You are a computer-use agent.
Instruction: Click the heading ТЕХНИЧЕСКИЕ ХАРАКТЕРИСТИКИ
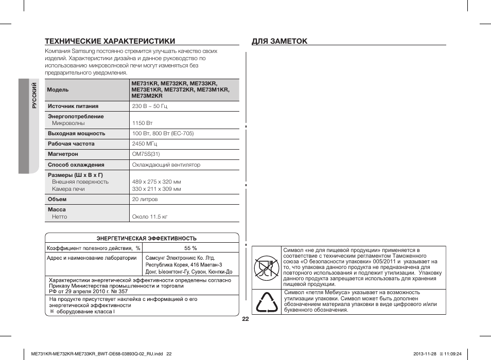[x=110, y=41]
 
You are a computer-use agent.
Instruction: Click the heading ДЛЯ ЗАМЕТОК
[x=279, y=41]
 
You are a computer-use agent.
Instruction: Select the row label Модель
[x=58, y=89]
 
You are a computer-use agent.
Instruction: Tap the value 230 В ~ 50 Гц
[x=150, y=106]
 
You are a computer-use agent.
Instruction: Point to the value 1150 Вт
[x=143, y=123]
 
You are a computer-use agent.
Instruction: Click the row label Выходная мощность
[x=76, y=133]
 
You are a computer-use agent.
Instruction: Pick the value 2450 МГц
[x=145, y=144]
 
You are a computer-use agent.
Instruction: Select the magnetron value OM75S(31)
[x=146, y=154]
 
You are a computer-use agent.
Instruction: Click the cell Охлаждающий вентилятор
[x=166, y=165]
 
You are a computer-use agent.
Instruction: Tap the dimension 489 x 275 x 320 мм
[x=156, y=182]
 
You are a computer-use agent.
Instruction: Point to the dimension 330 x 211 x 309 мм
[x=156, y=189]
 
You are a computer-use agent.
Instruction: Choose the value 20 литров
[x=145, y=200]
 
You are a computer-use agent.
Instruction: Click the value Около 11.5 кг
[x=150, y=217]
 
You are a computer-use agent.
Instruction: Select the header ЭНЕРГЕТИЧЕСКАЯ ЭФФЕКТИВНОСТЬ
[x=147, y=239]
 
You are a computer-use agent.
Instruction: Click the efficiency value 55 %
[x=190, y=248]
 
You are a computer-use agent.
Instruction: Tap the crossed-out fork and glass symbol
[x=266, y=267]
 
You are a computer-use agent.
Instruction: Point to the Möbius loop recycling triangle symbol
[x=266, y=302]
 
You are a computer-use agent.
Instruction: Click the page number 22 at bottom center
[x=246, y=319]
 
